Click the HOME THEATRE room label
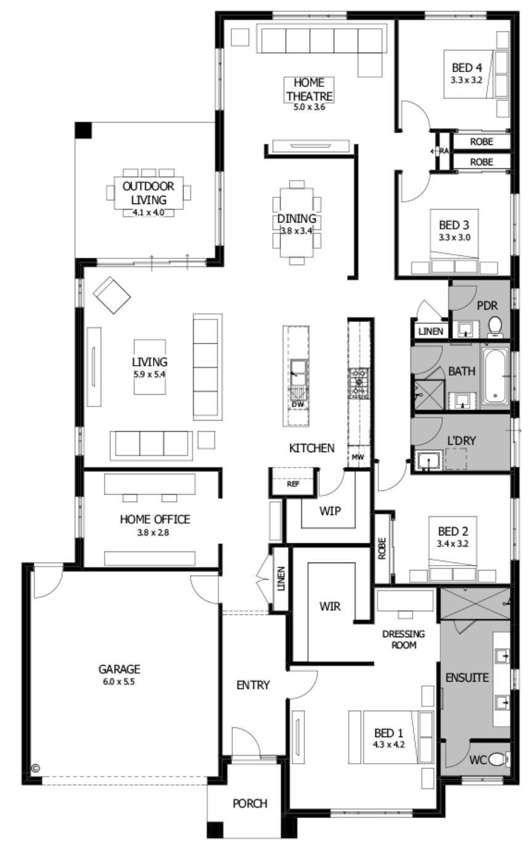tap(309, 89)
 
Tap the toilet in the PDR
tap(494, 327)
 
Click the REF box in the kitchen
tap(293, 484)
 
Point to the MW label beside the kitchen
tap(358, 457)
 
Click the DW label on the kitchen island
tap(298, 404)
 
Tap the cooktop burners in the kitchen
tap(358, 383)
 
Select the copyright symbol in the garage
tap(35, 768)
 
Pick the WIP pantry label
tap(330, 511)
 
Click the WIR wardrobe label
tap(330, 606)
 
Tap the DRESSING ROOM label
tap(404, 640)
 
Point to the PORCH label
tap(250, 804)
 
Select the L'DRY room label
tap(462, 440)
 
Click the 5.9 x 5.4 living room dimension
tap(149, 374)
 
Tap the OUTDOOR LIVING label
tap(149, 193)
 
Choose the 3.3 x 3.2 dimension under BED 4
tap(467, 80)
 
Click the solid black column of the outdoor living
tap(83, 130)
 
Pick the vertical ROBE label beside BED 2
tap(382, 548)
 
